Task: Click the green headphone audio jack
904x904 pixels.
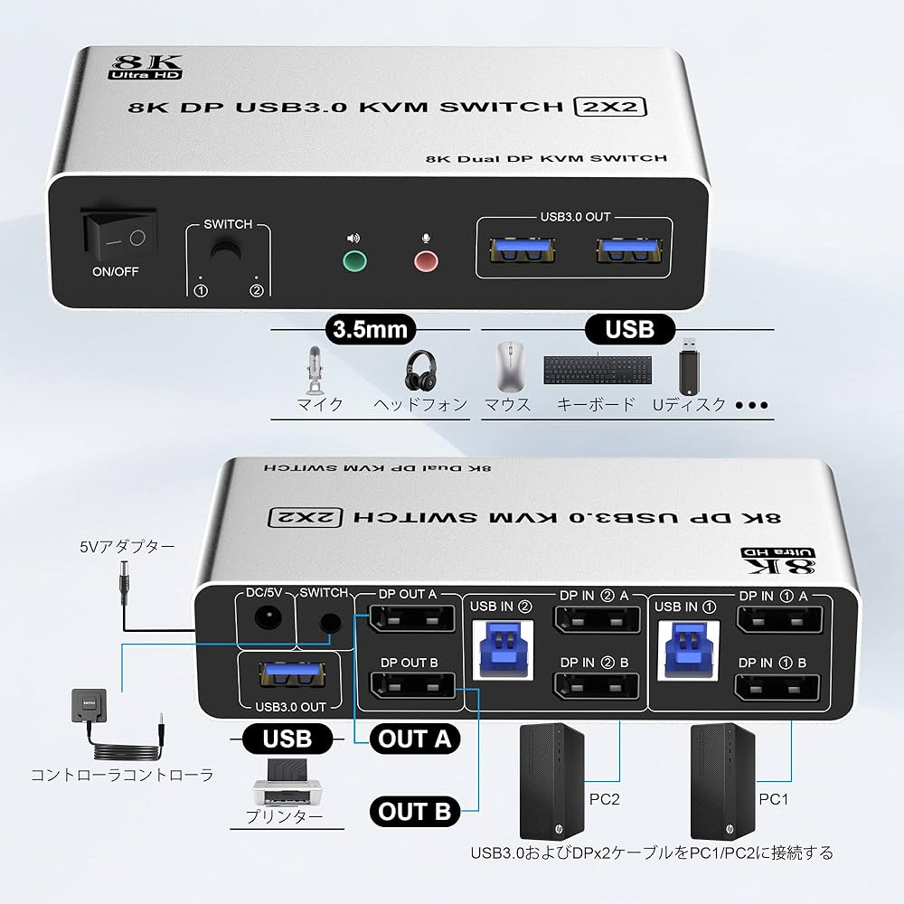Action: tap(353, 262)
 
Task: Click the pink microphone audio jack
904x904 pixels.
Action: tap(425, 262)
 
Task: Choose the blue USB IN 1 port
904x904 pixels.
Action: tap(689, 645)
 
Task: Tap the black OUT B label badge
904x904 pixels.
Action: tap(415, 811)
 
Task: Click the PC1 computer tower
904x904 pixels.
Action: tap(722, 782)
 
